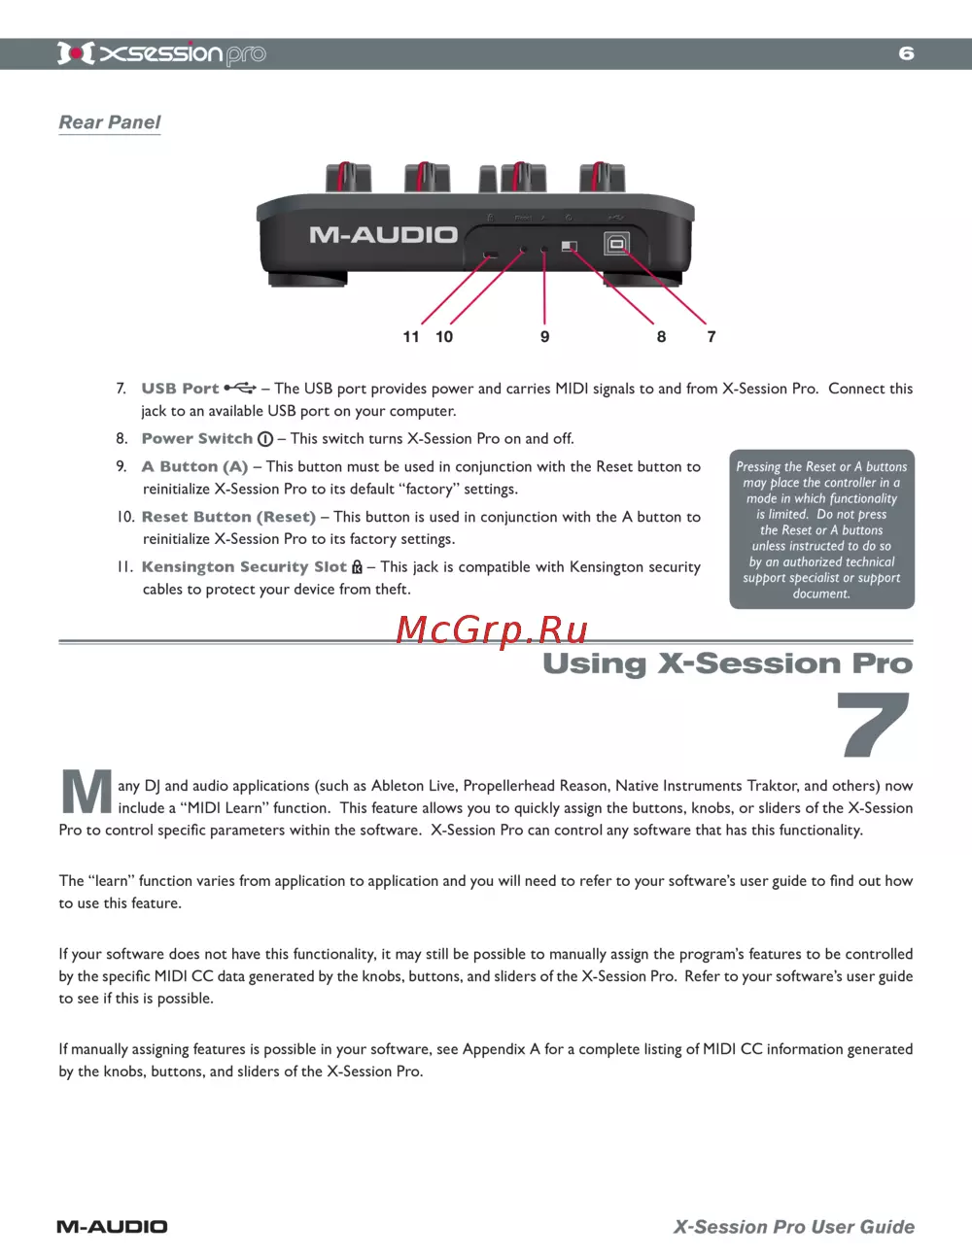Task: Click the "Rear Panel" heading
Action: coord(110,122)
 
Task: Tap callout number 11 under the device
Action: coord(411,336)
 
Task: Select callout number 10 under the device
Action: coord(444,336)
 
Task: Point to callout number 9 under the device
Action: coord(544,336)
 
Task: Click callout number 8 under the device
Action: coord(661,336)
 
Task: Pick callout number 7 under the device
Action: coord(712,336)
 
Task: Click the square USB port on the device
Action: coord(616,243)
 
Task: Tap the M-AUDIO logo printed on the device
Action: coord(383,235)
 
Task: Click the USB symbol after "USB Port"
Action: coord(240,388)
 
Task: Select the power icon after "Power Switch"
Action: coord(265,439)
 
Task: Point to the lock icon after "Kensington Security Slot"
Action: coord(357,566)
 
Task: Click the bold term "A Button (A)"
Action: coord(194,466)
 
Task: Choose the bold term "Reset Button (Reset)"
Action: coord(228,517)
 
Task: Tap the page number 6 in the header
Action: coord(906,53)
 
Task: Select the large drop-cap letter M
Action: coord(87,792)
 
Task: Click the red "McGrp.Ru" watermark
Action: coord(492,630)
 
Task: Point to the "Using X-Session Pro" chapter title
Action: coord(727,663)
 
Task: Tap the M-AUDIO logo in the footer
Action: coord(112,1227)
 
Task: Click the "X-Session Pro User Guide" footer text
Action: coord(793,1227)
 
